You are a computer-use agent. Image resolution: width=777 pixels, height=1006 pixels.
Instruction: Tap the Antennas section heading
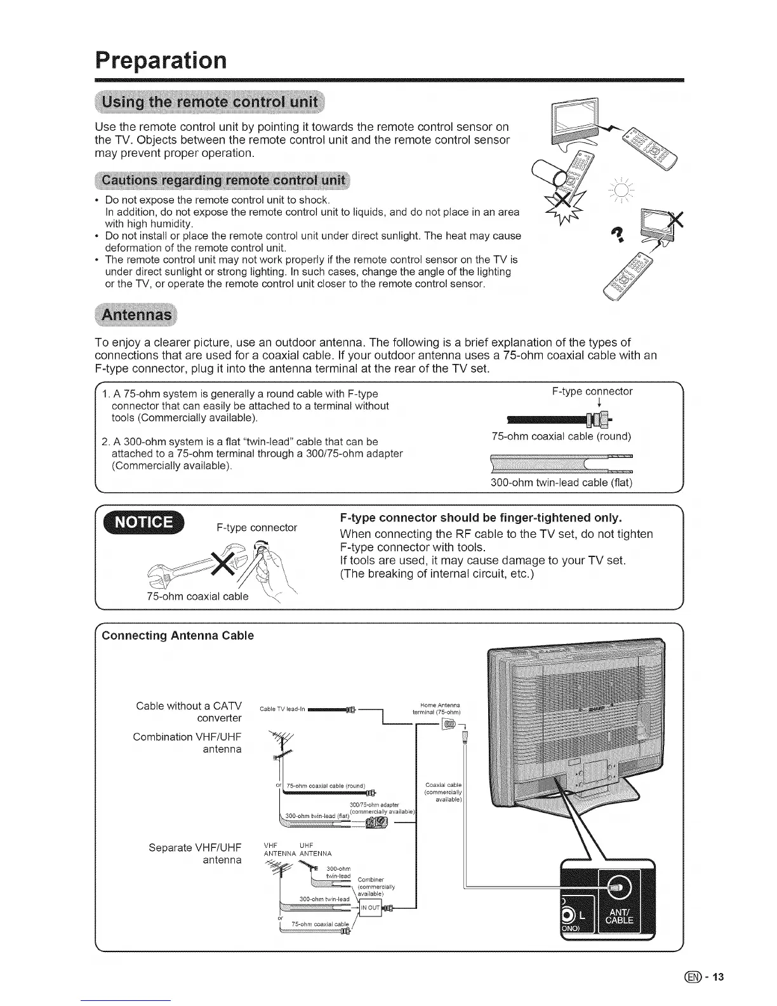(137, 314)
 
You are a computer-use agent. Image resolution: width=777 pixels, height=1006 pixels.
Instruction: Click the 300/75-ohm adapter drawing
(372, 824)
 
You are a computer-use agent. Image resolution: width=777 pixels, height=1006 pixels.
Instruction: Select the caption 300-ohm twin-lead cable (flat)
(561, 482)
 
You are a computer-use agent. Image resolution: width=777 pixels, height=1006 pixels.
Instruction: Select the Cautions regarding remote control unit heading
(222, 180)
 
